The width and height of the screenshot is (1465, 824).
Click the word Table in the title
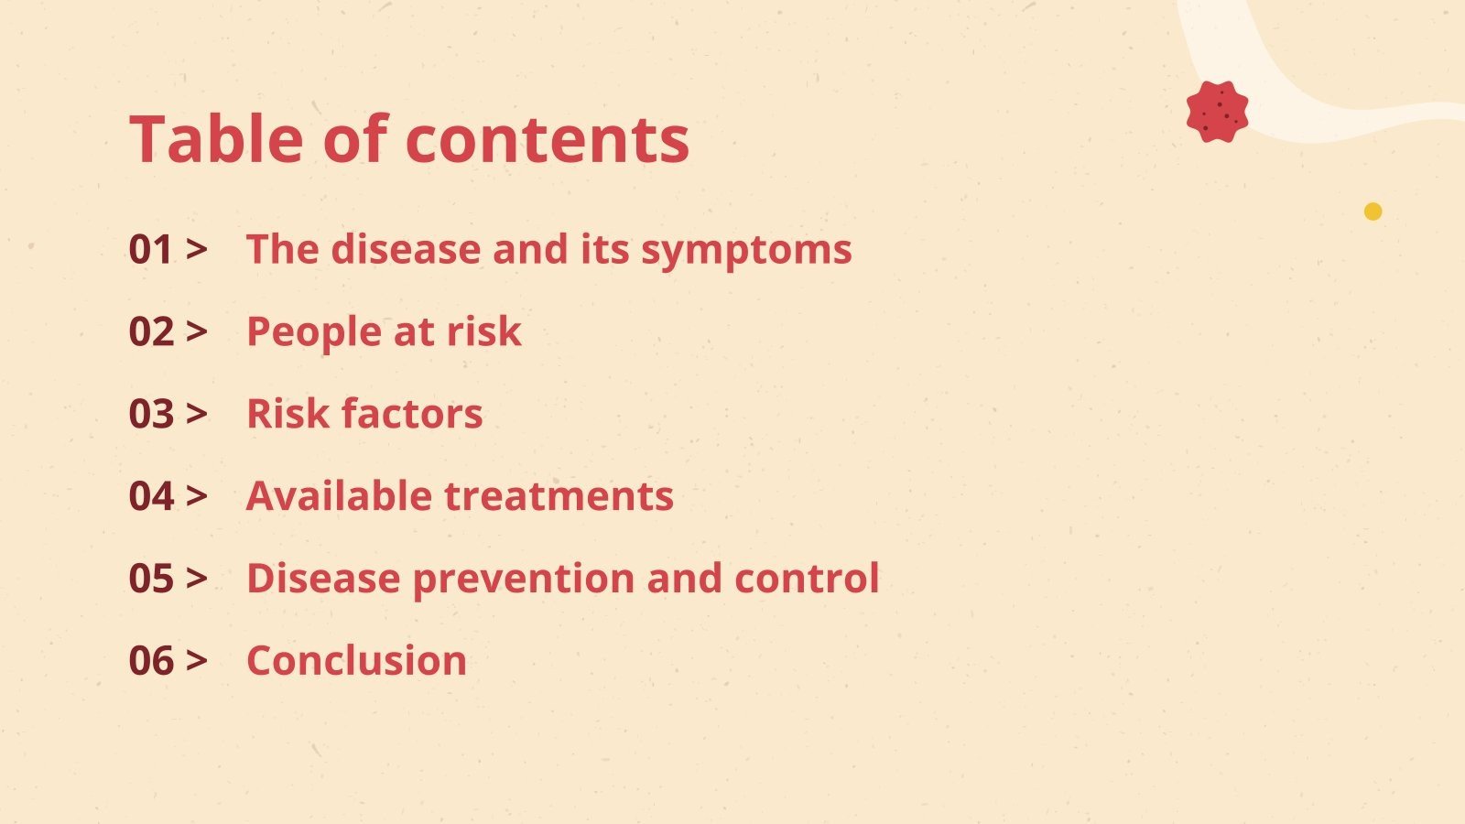click(x=216, y=138)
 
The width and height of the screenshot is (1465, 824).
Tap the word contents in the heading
click(x=548, y=140)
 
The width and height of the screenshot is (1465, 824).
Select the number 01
click(x=151, y=250)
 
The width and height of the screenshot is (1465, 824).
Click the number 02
click(x=151, y=331)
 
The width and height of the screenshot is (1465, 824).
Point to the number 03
click(x=151, y=414)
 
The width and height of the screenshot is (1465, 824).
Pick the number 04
click(x=151, y=496)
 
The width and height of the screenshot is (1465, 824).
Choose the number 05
click(x=151, y=579)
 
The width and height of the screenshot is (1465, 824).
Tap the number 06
click(x=151, y=660)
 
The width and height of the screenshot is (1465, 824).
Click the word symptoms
click(x=746, y=252)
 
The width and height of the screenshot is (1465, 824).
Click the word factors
click(x=412, y=414)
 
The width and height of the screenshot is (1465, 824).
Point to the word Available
click(x=339, y=495)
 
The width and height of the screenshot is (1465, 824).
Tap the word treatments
click(x=559, y=496)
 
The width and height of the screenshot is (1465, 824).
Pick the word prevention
click(x=524, y=580)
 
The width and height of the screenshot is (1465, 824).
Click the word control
click(x=807, y=578)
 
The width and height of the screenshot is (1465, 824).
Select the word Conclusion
click(x=356, y=660)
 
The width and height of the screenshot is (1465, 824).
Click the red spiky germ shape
click(x=1217, y=112)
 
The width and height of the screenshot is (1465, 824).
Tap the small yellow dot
click(x=1373, y=211)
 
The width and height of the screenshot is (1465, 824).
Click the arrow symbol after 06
click(x=196, y=660)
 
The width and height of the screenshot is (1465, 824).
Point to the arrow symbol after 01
click(x=196, y=249)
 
